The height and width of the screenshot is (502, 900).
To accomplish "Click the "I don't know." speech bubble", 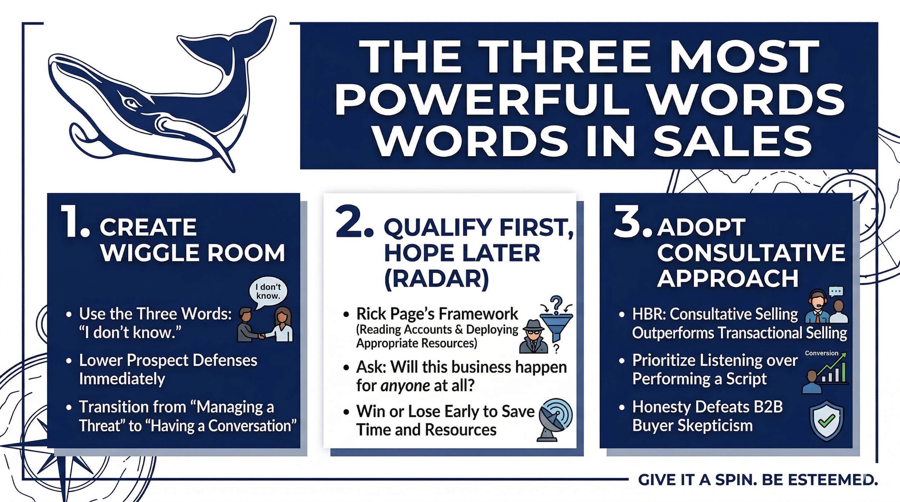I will click(268, 292).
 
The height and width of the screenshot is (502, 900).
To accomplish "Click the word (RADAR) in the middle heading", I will click(437, 279).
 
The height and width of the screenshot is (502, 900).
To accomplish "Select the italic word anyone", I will click(405, 386).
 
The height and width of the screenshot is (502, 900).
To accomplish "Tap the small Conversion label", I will click(822, 353).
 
